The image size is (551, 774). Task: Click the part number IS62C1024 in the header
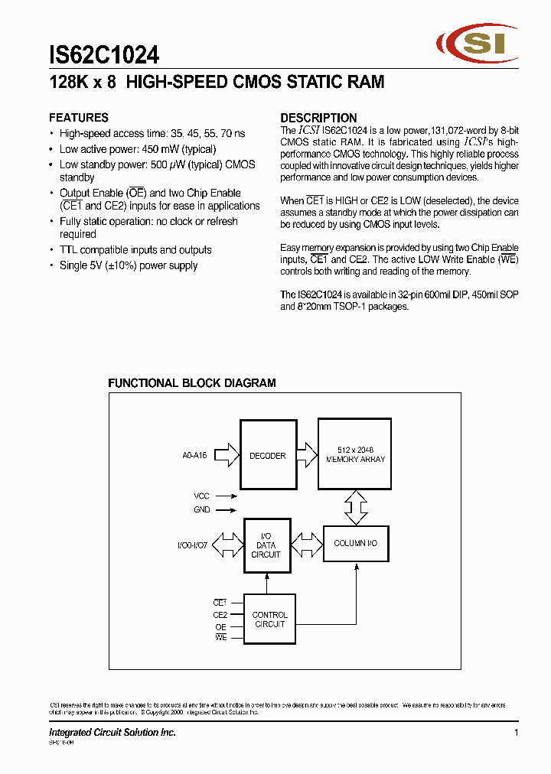coord(104,55)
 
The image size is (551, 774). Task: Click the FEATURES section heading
coord(79,118)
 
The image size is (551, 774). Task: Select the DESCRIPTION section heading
coord(318,118)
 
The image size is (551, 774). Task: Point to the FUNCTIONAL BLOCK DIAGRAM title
coord(191,383)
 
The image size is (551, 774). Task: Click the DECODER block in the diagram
coord(267,455)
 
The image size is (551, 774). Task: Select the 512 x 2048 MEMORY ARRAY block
coord(355,454)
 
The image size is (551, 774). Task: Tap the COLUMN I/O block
coord(355,543)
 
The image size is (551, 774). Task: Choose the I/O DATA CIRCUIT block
coord(266,545)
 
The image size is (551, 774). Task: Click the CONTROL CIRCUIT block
coord(269,620)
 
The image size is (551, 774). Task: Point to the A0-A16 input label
coord(195,456)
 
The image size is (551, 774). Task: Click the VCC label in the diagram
coord(201,496)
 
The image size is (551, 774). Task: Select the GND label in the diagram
coord(201,510)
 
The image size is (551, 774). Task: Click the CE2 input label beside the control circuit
coord(220,615)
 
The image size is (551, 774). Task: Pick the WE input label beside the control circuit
coord(220,638)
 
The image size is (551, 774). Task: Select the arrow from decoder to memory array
coord(305,455)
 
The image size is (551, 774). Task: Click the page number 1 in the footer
coord(517,733)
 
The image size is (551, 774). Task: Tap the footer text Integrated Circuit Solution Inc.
coord(112,733)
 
